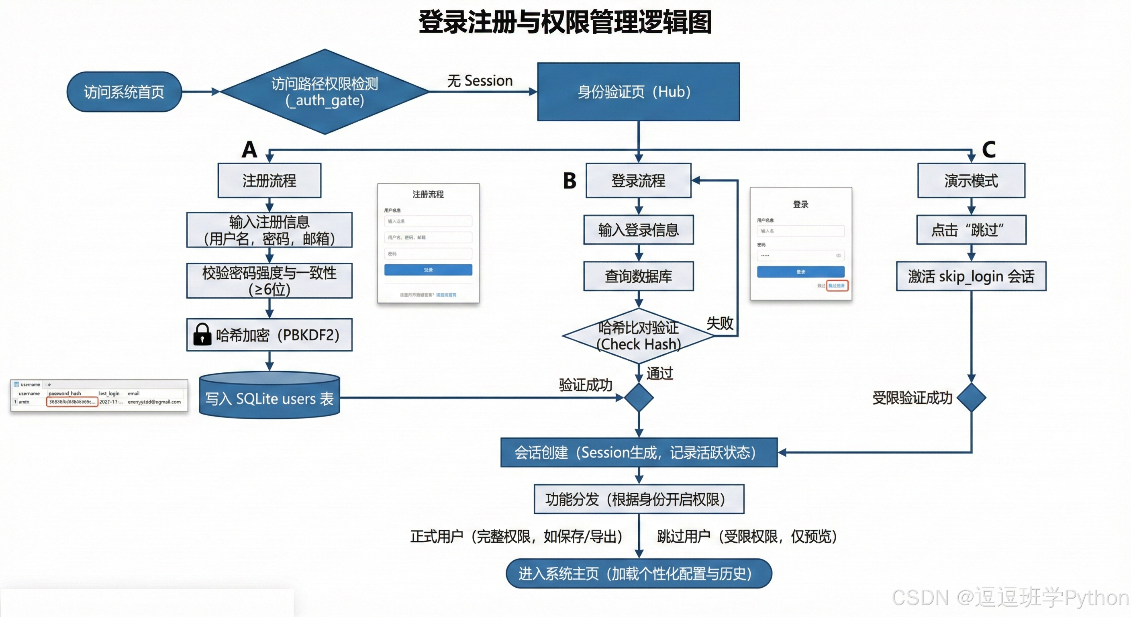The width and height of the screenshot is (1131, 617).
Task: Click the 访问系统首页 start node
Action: point(124,92)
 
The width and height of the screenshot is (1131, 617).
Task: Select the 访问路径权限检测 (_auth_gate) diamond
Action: point(325,92)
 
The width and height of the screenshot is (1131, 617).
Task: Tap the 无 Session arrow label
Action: point(480,81)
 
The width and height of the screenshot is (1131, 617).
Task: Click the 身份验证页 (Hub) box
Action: point(638,92)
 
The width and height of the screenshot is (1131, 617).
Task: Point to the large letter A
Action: point(249,149)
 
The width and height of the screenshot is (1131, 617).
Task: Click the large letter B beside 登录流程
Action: point(570,180)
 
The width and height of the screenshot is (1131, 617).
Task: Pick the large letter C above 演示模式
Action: point(988,149)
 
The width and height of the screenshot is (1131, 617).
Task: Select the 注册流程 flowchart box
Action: point(269,180)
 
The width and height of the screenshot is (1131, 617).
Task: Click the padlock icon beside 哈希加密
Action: point(202,335)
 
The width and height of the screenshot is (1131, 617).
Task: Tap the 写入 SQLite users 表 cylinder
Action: point(269,397)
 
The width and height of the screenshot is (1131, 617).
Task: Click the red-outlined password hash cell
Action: point(72,402)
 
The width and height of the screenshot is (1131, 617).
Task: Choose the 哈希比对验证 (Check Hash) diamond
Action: point(638,336)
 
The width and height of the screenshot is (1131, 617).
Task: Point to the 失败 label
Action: point(720,323)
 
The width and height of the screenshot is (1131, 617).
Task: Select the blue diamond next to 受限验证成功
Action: point(971,397)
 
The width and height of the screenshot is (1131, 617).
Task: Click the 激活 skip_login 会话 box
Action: point(971,276)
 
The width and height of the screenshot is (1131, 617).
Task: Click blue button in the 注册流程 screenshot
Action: point(428,270)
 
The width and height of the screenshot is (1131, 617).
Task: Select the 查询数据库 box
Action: point(638,276)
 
